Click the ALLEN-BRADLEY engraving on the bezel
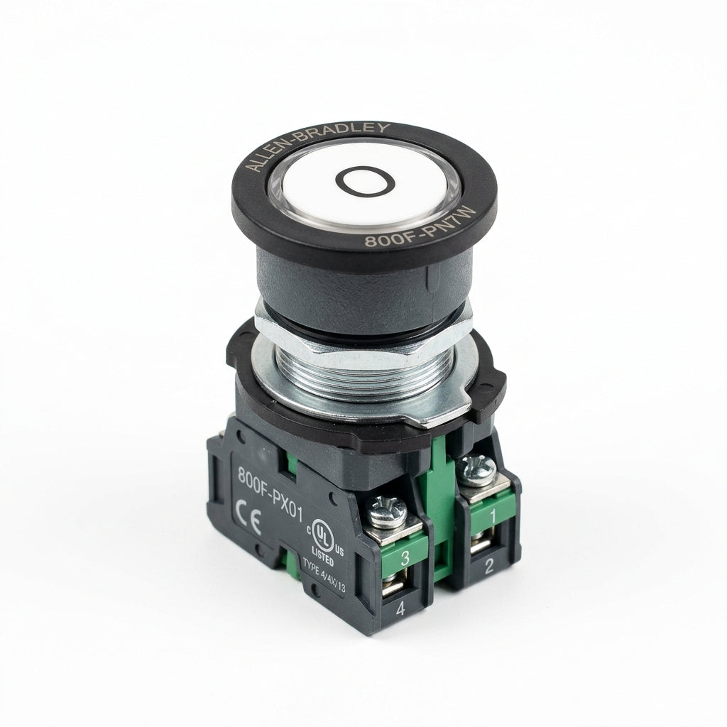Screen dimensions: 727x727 pos(315,142)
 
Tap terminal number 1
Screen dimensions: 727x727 pos(493,515)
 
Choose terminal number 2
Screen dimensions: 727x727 pos(488,567)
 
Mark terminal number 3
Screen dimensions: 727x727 pos(405,558)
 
